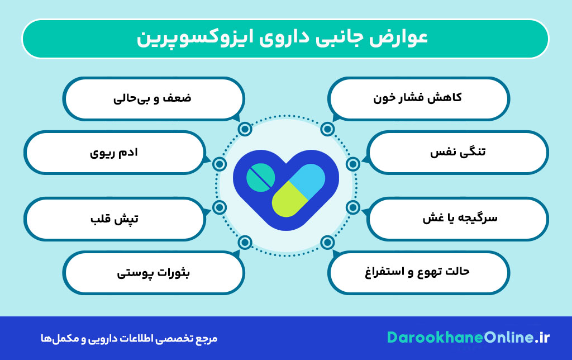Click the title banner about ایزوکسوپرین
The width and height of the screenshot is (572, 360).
285,39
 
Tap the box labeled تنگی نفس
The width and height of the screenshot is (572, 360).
458,151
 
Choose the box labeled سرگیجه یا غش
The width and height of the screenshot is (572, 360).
458,218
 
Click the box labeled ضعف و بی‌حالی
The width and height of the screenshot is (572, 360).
153,98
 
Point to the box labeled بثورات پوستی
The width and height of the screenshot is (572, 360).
153,272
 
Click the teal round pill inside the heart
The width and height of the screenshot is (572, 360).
260,177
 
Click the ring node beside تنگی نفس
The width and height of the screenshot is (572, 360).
353,164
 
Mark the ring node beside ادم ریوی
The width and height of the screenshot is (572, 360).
220,164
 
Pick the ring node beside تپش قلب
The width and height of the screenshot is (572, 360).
220,207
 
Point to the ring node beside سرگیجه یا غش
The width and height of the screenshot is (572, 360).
353,207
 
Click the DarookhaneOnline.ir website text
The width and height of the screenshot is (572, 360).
469,338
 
